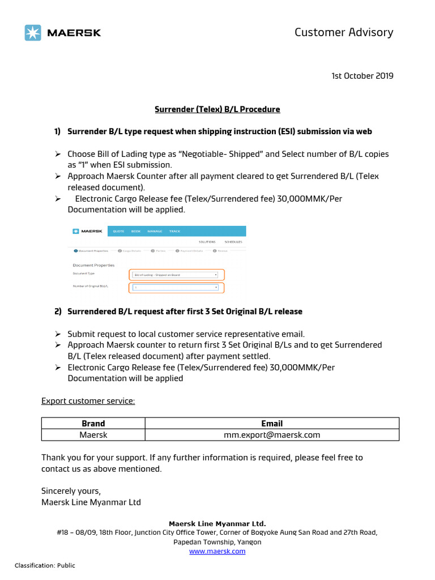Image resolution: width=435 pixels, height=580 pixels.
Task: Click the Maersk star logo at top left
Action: tap(33, 33)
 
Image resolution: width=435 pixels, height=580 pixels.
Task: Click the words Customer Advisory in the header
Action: tap(343, 32)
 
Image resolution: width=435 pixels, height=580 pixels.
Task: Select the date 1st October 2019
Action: tap(362, 76)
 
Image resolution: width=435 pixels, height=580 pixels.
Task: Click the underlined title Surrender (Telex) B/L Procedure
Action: tap(217, 109)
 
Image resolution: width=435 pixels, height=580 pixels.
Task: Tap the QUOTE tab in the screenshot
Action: tap(118, 231)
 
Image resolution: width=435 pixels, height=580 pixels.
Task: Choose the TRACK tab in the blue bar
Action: tap(174, 231)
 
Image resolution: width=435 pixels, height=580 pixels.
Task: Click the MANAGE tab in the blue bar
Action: tap(155, 231)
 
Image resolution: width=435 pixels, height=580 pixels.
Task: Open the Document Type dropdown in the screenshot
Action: tap(176, 275)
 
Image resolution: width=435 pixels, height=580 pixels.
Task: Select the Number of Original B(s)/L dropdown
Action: tap(176, 287)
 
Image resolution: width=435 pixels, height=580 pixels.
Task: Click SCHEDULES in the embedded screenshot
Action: tap(233, 242)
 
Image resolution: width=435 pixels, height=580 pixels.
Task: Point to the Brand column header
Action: tap(93, 423)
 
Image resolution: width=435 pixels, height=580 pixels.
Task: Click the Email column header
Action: tap(272, 423)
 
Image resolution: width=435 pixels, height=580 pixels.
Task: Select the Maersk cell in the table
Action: tap(93, 434)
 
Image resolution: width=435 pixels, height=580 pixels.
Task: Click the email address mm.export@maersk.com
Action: tap(272, 434)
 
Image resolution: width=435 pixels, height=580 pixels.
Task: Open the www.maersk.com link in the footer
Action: tap(217, 551)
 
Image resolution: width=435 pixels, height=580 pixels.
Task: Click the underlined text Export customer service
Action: tap(88, 401)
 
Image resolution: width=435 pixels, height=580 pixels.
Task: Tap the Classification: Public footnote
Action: tap(45, 565)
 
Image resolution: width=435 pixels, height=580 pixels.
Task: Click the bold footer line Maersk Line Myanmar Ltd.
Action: tap(217, 523)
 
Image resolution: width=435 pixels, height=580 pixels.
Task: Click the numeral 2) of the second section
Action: tap(58, 312)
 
